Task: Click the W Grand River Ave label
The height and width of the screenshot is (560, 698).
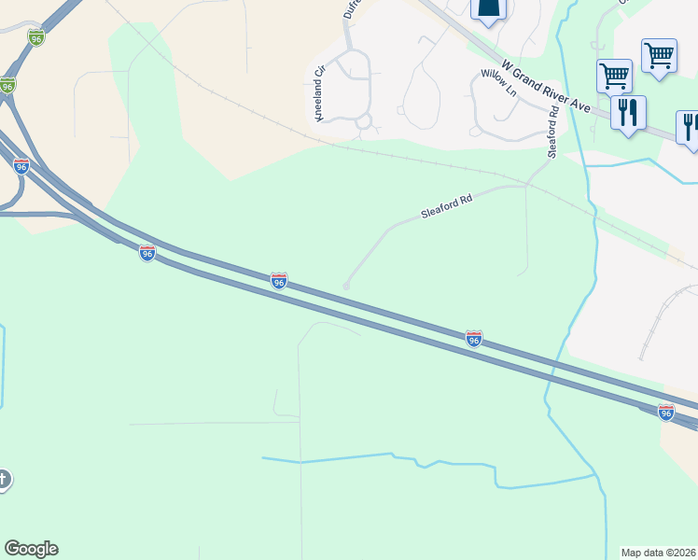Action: (548, 89)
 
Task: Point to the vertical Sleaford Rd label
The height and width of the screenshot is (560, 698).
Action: (553, 132)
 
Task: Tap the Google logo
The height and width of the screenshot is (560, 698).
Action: (31, 549)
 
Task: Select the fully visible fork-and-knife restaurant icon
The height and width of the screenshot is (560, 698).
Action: (628, 113)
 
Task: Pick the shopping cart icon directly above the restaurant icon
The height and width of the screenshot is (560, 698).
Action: (614, 75)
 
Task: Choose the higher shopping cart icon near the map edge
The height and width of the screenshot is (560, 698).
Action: (659, 55)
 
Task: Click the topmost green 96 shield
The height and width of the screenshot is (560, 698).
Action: (35, 37)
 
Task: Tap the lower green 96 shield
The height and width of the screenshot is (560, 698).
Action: (7, 86)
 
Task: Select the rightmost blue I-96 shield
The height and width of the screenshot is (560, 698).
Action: (665, 412)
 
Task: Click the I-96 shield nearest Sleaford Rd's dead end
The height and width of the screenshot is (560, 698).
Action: (278, 281)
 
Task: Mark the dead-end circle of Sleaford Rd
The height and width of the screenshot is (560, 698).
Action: (346, 287)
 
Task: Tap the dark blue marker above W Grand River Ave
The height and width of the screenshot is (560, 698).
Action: (486, 8)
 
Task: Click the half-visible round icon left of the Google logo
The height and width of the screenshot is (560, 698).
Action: (4, 480)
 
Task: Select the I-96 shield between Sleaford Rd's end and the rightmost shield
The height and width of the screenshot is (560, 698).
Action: (474, 339)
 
